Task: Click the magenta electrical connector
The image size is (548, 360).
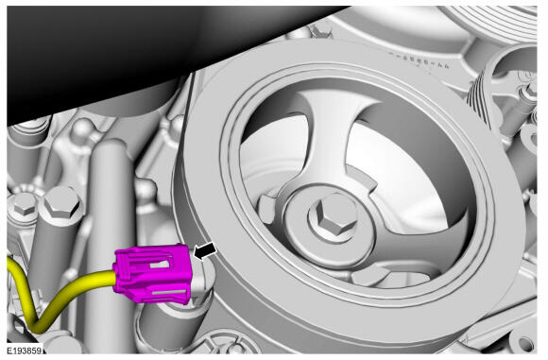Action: (152, 273)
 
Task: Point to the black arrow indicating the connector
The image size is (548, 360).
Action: (205, 251)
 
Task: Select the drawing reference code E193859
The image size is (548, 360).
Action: (25, 351)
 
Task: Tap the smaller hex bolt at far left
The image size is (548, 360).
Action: (24, 207)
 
